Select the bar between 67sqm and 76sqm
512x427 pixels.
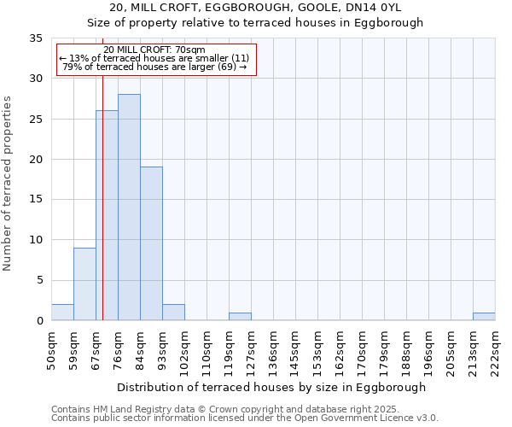(107, 215)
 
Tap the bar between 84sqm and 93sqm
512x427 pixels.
(151, 243)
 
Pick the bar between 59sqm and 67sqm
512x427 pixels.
(84, 284)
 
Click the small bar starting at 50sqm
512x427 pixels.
(62, 313)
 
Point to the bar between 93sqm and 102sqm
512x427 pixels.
(173, 313)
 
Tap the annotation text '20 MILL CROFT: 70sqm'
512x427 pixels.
(154, 50)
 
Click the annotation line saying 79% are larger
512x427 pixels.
(154, 67)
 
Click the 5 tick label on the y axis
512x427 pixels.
(39, 281)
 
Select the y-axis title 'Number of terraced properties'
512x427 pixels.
(8, 184)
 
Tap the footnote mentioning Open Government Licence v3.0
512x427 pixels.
(245, 418)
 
